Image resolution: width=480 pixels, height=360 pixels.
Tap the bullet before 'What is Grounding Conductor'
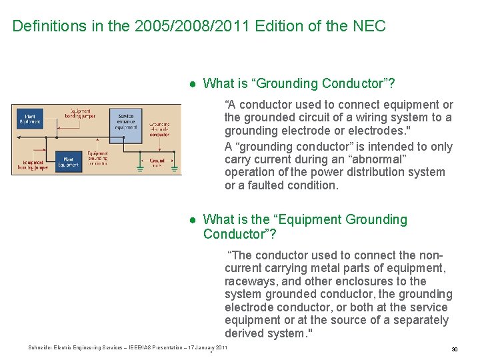192,84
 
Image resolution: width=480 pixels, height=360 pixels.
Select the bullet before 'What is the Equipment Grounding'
192,220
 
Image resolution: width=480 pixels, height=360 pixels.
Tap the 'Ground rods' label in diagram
157,161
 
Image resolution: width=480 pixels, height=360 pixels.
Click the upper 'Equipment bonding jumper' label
80,113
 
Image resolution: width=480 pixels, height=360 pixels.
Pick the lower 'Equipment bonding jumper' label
33,164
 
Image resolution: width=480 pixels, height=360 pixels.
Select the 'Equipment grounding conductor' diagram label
97,158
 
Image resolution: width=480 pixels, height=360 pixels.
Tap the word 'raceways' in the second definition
248,281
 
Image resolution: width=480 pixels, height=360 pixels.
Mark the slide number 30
454,349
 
